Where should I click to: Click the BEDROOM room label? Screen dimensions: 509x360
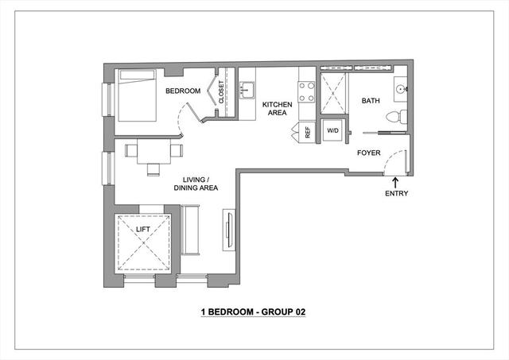point(183,91)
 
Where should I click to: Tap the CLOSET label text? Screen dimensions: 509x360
point(221,92)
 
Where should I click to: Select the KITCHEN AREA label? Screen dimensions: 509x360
point(278,109)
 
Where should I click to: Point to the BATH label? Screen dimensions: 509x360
point(371,101)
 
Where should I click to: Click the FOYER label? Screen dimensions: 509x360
point(369,153)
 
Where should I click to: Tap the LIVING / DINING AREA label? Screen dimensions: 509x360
point(196,184)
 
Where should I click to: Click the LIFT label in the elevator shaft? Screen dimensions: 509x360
point(143,230)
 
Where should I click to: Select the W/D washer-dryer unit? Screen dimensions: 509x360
point(332,130)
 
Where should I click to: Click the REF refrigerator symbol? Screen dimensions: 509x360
point(304,132)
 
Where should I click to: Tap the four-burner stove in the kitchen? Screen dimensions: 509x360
point(306,92)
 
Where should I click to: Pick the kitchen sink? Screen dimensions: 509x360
point(247,90)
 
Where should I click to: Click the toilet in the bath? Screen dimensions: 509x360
point(397,117)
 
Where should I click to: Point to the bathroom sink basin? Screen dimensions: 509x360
point(401,88)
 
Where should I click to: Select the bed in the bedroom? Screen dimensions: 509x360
point(137,95)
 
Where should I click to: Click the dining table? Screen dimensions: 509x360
point(153,151)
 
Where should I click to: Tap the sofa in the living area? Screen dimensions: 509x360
point(190,230)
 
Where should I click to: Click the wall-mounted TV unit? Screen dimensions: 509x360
point(229,230)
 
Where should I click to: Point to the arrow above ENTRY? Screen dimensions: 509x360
point(395,183)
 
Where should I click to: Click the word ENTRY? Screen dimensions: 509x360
point(396,193)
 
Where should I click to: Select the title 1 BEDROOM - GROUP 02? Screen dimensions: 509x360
point(253,312)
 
